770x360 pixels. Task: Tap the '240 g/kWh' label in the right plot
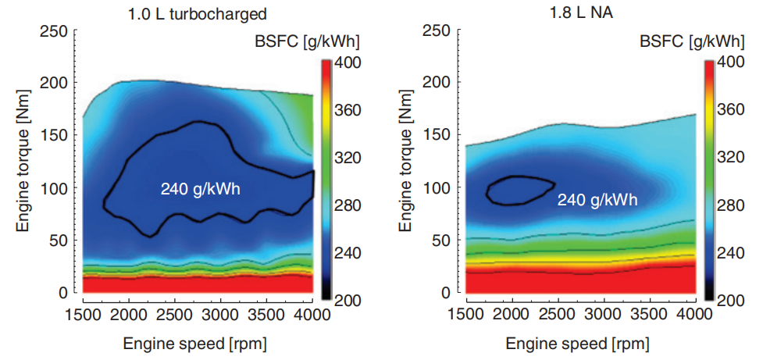[597, 200]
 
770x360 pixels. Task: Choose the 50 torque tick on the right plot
[443, 240]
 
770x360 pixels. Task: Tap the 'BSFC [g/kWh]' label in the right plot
[691, 41]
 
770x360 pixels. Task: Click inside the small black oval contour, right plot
[517, 190]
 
